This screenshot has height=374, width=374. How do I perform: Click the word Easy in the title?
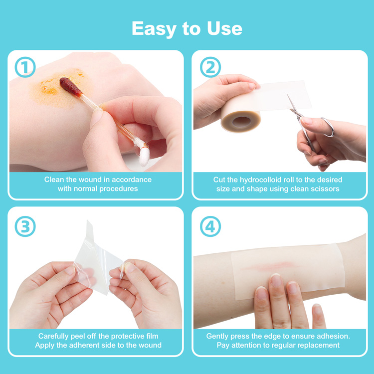point(154,29)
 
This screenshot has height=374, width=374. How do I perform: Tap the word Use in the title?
point(224,28)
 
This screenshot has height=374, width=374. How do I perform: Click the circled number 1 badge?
point(25,67)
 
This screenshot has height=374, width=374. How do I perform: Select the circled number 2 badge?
point(210,67)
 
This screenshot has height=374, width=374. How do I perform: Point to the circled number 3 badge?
point(25,226)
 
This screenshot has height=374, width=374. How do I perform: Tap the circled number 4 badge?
point(210,226)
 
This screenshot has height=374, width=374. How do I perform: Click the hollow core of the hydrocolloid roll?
point(241,122)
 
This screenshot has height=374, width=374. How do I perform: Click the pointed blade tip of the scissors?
point(287,95)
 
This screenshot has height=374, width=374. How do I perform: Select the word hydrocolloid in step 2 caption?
point(261,180)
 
